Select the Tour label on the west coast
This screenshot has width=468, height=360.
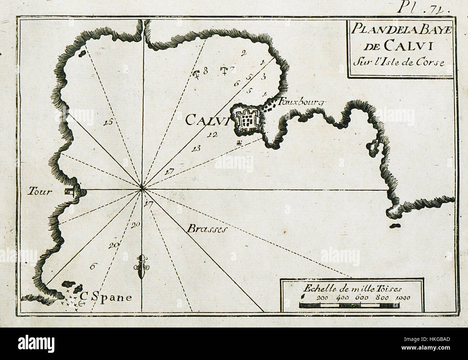(x=39, y=192)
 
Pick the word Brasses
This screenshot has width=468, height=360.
(x=206, y=229)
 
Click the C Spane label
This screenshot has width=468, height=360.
(x=106, y=297)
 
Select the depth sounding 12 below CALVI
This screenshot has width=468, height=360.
(x=212, y=135)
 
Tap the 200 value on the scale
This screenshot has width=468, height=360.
(x=323, y=298)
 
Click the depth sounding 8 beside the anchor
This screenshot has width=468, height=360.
(x=206, y=71)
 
